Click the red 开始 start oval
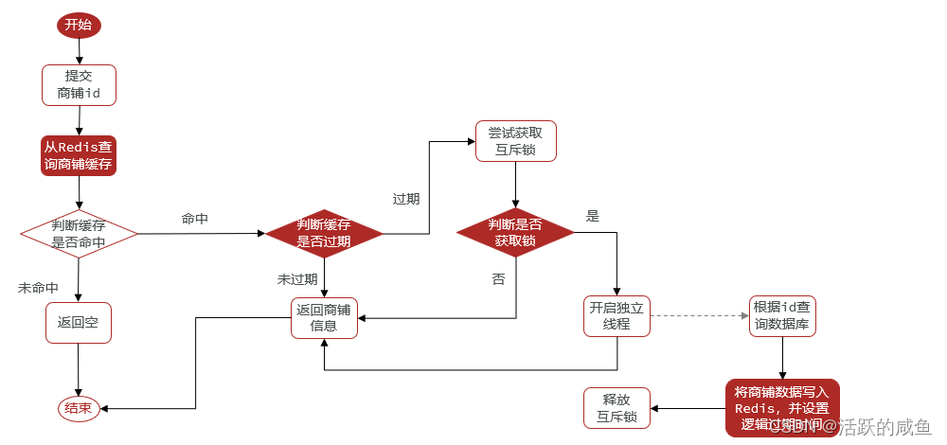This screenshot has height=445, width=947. pyautogui.click(x=79, y=26)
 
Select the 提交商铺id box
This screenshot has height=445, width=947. pyautogui.click(x=79, y=84)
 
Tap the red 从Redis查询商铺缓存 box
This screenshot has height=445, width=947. pyautogui.click(x=79, y=155)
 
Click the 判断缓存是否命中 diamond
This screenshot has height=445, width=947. pyautogui.click(x=79, y=233)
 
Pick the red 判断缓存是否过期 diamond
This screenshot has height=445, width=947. pyautogui.click(x=324, y=233)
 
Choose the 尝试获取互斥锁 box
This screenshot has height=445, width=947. pyautogui.click(x=515, y=140)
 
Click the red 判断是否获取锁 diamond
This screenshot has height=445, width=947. pyautogui.click(x=515, y=233)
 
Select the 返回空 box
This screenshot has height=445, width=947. pyautogui.click(x=79, y=322)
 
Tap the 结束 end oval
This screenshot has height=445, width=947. pyautogui.click(x=79, y=409)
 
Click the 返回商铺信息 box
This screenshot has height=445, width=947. pyautogui.click(x=324, y=317)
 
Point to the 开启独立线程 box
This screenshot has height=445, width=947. pyautogui.click(x=617, y=316)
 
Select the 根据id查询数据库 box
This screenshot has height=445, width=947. pyautogui.click(x=781, y=316)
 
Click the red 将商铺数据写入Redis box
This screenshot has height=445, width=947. pyautogui.click(x=781, y=408)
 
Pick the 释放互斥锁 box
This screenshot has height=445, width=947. pyautogui.click(x=616, y=408)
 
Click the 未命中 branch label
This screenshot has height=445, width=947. pyautogui.click(x=38, y=288)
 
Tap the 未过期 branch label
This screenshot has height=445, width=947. pyautogui.click(x=296, y=279)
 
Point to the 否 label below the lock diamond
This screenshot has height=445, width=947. pyautogui.click(x=498, y=279)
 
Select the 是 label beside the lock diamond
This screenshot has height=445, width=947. pyautogui.click(x=593, y=217)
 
